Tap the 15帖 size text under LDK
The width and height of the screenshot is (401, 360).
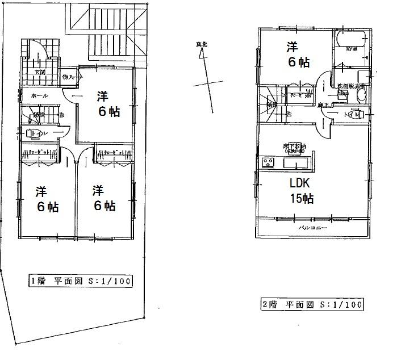[301, 199]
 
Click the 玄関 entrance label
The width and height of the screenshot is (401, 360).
[41, 73]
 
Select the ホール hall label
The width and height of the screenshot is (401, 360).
[39, 95]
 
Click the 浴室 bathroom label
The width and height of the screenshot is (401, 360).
[352, 50]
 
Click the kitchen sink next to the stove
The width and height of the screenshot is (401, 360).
[295, 164]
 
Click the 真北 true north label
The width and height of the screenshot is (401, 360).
[200, 44]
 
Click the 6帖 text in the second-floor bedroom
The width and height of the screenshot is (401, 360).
[299, 63]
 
